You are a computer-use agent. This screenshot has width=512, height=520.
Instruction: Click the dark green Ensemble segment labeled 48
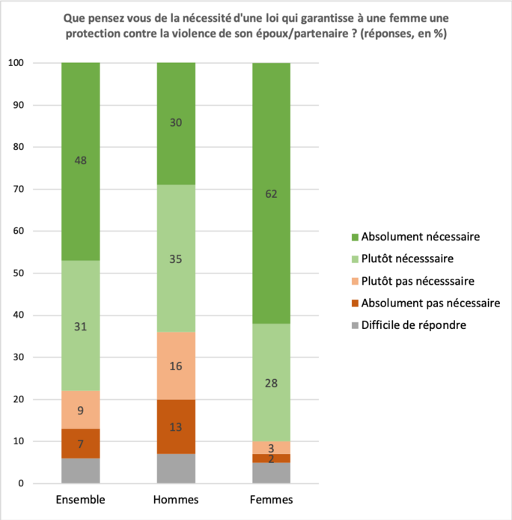pos(81,161)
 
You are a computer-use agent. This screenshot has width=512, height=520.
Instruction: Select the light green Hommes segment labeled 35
pos(176,259)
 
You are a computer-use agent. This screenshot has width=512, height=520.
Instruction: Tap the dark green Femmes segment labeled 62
pos(271,195)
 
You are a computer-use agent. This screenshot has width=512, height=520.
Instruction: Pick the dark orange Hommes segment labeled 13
pos(176,427)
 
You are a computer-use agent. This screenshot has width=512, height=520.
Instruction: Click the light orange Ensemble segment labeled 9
pos(81,410)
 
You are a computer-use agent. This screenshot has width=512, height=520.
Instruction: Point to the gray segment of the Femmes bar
pos(271,473)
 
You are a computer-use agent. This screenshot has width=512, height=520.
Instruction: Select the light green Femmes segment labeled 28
pos(271,383)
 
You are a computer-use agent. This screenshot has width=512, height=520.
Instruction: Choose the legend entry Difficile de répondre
pos(414,325)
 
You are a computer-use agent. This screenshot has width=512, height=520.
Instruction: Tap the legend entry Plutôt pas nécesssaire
pos(420,280)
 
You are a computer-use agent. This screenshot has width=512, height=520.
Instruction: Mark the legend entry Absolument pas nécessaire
pos(430,303)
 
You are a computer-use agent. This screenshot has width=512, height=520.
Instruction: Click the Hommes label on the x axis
pos(176,499)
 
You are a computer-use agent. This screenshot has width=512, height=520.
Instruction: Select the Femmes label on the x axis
pos(271,499)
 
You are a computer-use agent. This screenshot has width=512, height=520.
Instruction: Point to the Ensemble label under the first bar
pos(81,499)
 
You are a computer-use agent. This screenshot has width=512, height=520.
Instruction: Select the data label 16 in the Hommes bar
pos(176,366)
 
